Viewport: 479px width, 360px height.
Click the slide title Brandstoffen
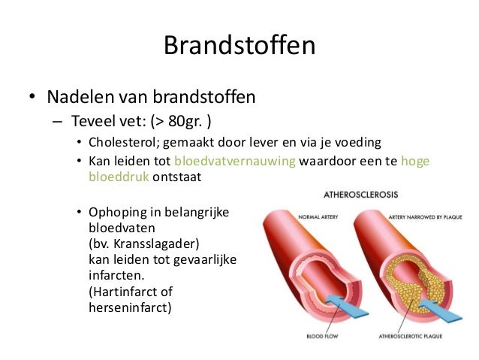[239, 47]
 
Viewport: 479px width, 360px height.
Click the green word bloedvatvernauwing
[235, 162]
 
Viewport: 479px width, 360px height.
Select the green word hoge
[416, 162]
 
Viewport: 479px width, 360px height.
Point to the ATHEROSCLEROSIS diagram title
[360, 194]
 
